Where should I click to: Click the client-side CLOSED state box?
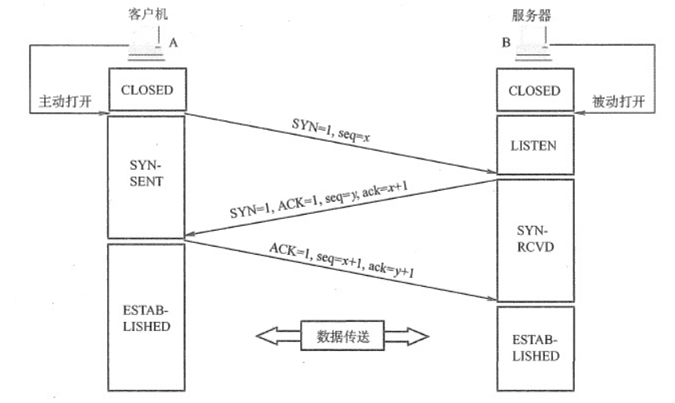click(147, 89)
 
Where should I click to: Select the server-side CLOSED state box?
click(535, 90)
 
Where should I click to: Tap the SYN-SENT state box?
click(146, 176)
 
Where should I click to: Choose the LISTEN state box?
click(535, 145)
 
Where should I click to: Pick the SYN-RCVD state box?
click(535, 240)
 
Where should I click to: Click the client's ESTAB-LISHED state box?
click(146, 317)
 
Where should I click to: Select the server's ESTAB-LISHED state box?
click(535, 349)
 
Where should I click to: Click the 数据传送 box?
click(342, 336)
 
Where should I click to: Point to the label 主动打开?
click(65, 102)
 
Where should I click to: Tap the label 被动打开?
click(618, 102)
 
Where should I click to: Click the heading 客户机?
click(147, 14)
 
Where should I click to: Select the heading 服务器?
click(531, 15)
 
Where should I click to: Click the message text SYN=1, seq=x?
click(331, 130)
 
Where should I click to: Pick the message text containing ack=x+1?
click(319, 199)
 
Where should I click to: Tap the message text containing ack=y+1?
click(342, 260)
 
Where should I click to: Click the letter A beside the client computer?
click(173, 42)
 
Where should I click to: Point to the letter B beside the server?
click(506, 42)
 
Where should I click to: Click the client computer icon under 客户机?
click(147, 44)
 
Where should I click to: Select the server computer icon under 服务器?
click(533, 44)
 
